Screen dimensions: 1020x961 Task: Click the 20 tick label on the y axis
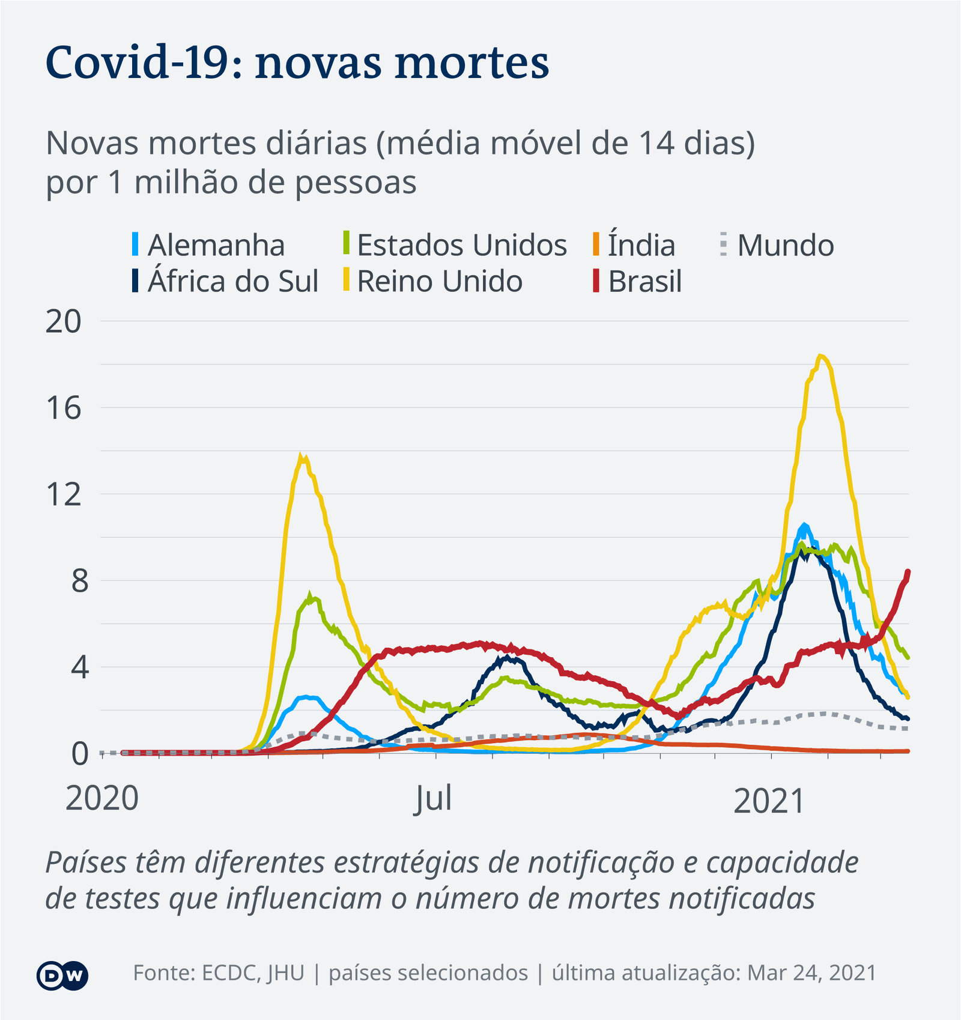pyautogui.click(x=63, y=322)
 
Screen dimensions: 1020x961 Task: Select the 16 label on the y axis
pyautogui.click(x=63, y=408)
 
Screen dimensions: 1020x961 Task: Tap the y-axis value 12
pyautogui.click(x=63, y=495)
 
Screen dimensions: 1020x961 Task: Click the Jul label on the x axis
pyautogui.click(x=432, y=800)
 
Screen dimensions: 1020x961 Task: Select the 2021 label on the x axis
pyautogui.click(x=769, y=801)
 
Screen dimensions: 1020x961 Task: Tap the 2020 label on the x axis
pyautogui.click(x=102, y=800)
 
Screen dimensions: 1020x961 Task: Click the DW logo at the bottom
pyautogui.click(x=62, y=976)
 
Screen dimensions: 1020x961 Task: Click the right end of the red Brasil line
pyautogui.click(x=908, y=572)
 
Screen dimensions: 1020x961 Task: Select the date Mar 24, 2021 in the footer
pyautogui.click(x=811, y=973)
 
